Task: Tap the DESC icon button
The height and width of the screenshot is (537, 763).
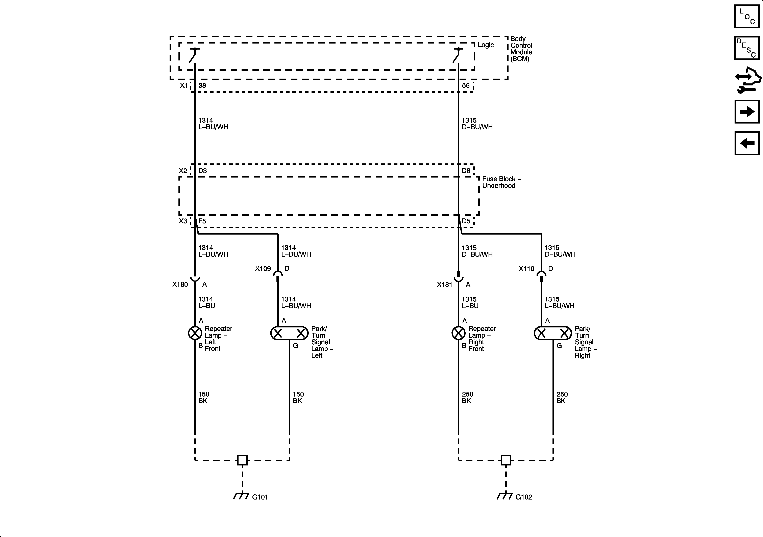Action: (747, 48)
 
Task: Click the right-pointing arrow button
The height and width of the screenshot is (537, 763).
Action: (747, 112)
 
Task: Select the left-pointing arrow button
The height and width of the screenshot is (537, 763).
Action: (747, 143)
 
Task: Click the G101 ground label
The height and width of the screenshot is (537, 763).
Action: (260, 497)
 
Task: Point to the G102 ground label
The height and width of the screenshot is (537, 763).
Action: (524, 497)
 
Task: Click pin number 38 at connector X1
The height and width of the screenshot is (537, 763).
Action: (202, 86)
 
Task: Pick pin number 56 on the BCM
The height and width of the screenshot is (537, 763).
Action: (466, 86)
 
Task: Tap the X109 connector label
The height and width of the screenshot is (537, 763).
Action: (263, 269)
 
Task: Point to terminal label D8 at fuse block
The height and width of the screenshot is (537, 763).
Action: (466, 171)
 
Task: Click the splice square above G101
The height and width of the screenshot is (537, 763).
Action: (242, 460)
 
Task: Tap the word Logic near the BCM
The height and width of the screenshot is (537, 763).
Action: (486, 45)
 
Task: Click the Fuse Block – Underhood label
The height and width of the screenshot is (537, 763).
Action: (501, 182)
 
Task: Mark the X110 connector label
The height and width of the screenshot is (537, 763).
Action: (526, 269)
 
